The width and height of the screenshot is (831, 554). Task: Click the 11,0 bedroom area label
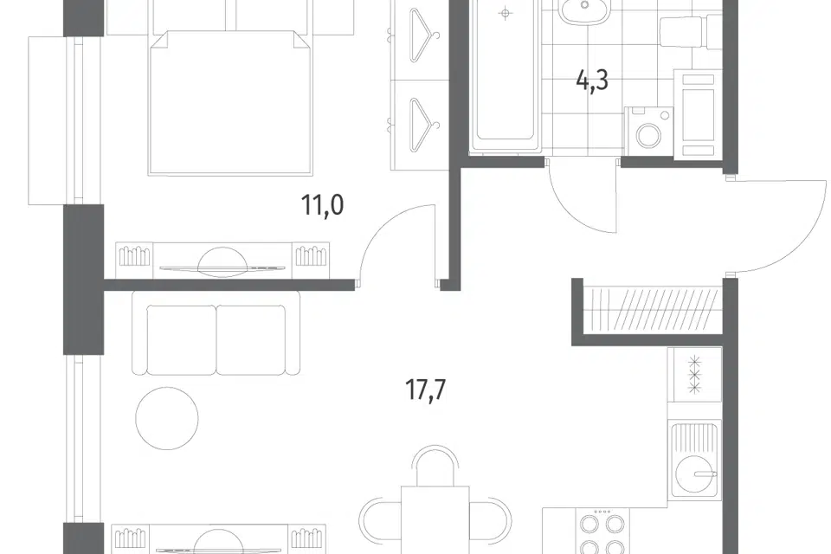coord(322,205)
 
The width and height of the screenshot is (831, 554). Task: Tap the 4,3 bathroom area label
coord(592,81)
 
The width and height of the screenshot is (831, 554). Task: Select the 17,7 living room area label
coord(425,390)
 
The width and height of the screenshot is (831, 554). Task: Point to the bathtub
coord(506,74)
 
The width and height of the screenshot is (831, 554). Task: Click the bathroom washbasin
coord(583,10)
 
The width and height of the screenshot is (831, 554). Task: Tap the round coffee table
coord(167,418)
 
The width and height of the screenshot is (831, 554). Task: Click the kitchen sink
coord(694,459)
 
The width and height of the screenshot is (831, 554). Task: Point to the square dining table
coord(435,520)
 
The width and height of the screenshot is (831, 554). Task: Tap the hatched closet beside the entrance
coord(652,310)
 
